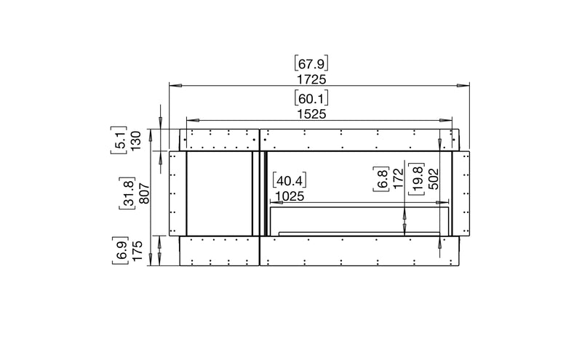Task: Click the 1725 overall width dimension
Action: pyautogui.click(x=311, y=79)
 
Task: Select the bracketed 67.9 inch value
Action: pyautogui.click(x=311, y=63)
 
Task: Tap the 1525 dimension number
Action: pyautogui.click(x=311, y=114)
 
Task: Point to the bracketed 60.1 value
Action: pyautogui.click(x=311, y=98)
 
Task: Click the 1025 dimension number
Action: pyautogui.click(x=290, y=196)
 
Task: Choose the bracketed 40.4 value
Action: pyautogui.click(x=290, y=180)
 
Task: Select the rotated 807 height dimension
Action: pyautogui.click(x=144, y=193)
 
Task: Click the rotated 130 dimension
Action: pyautogui.click(x=136, y=140)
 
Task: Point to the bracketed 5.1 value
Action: pyautogui.click(x=119, y=140)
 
